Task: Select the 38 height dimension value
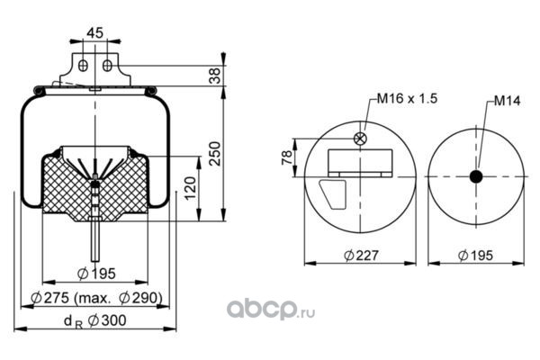point(214,76)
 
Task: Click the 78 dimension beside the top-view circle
point(286,157)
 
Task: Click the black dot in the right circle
point(477,176)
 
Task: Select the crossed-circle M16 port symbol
point(360,138)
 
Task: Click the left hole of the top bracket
point(84,66)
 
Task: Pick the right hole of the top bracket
point(107,66)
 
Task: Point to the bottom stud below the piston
point(94,241)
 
